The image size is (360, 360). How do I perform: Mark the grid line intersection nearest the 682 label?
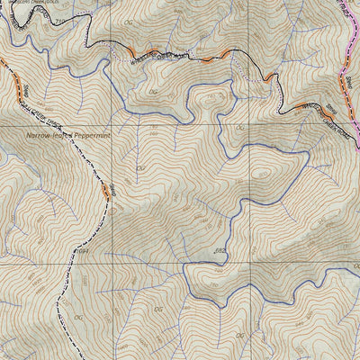tap(220, 260)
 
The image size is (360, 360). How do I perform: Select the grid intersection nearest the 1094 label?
tap(113, 260)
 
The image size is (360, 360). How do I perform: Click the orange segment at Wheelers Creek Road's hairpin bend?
tap(270, 79)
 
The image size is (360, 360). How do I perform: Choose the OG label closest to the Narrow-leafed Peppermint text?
tap(140, 167)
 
